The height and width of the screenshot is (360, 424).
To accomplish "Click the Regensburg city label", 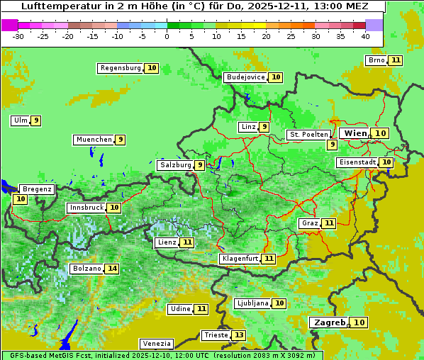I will click(121, 68).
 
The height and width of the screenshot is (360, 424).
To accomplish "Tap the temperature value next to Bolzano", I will click(112, 269).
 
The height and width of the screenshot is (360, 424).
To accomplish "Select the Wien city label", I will click(355, 133).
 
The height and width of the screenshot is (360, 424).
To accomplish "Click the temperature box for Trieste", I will click(239, 335).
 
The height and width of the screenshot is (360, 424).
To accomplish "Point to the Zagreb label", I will click(329, 322).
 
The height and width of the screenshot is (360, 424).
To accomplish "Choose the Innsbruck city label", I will click(86, 208).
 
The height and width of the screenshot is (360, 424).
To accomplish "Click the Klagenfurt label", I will click(239, 259).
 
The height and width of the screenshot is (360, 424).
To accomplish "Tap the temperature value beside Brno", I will click(395, 60).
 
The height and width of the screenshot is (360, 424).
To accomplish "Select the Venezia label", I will click(155, 343).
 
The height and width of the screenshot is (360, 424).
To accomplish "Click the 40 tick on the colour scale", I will click(365, 35).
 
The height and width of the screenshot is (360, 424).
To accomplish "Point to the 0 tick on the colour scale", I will click(167, 35).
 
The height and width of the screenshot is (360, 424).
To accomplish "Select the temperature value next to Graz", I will click(328, 223).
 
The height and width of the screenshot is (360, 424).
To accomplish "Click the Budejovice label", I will click(245, 77).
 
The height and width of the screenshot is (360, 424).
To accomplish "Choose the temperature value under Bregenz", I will click(20, 199).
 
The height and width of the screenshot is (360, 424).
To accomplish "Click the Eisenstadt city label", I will click(357, 162).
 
